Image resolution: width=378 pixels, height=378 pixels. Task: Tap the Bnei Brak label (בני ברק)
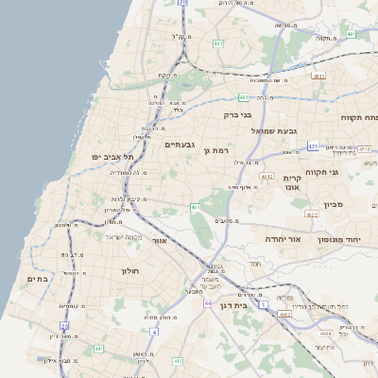[x=237, y=114]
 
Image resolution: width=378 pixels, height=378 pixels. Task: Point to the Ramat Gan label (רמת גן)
[x=216, y=150]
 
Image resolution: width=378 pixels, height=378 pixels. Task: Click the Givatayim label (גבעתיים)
[x=179, y=145]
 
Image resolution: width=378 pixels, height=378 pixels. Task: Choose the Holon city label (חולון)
[x=129, y=271]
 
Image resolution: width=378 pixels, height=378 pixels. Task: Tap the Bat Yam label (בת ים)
[x=37, y=279]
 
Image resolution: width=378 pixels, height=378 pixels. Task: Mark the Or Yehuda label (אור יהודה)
[x=283, y=239]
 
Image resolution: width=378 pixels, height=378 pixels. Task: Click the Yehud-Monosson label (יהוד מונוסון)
[x=343, y=240]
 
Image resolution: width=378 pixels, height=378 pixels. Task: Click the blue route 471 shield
[x=313, y=146]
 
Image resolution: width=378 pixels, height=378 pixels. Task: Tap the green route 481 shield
[x=244, y=96]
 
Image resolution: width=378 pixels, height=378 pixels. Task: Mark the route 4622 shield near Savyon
[x=312, y=215]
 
